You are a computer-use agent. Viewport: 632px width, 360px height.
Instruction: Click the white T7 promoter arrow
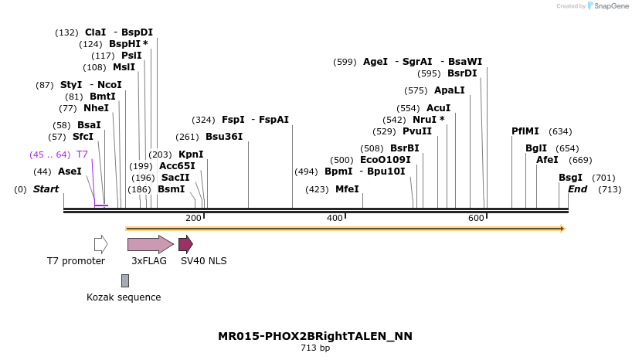100,244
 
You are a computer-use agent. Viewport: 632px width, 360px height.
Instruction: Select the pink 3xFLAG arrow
150,244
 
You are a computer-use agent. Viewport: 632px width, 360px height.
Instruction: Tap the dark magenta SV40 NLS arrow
185,244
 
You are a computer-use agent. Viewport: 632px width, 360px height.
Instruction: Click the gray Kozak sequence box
125,280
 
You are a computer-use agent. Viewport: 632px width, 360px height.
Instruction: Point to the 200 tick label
193,219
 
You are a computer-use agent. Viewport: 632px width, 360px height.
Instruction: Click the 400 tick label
335,219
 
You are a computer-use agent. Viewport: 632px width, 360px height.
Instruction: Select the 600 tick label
476,219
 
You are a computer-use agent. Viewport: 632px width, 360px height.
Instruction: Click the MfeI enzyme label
347,189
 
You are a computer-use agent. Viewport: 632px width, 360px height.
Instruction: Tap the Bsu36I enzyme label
224,137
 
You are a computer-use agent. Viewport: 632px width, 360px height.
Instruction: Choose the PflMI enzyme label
525,131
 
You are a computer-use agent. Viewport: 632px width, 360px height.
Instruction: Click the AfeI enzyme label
548,160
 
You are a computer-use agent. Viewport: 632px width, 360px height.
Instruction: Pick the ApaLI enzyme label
450,90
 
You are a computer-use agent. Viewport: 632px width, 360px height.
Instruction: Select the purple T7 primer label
82,155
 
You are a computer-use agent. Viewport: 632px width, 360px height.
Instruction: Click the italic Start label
46,189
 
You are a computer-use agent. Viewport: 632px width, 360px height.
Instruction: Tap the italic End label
577,189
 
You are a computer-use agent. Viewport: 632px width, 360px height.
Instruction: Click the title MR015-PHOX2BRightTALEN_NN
315,336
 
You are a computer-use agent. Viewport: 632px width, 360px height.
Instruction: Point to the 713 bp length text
315,348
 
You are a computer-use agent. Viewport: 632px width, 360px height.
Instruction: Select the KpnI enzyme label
191,155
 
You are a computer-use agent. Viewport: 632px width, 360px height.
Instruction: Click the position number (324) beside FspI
204,120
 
